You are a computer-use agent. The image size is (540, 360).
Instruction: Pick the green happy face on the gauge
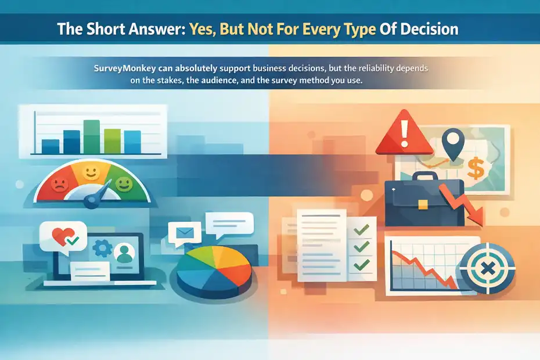(x=123, y=185)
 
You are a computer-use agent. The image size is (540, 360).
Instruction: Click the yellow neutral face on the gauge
(x=90, y=172)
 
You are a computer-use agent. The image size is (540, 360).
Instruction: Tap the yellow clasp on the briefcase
(x=423, y=204)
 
